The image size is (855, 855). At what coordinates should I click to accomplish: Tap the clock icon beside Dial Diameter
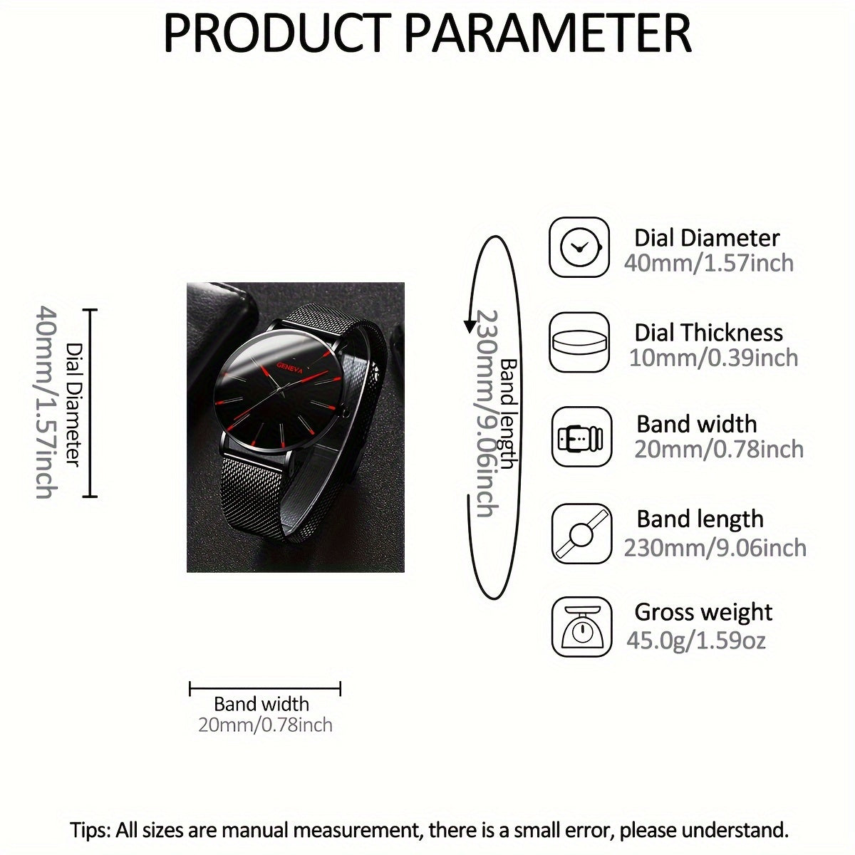click(580, 247)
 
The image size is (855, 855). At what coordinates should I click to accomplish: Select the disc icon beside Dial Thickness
click(580, 341)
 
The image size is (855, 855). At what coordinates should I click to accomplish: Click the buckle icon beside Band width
click(581, 436)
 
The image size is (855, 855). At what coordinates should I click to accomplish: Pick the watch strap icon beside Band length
click(581, 533)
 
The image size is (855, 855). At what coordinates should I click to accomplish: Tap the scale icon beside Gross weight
click(581, 627)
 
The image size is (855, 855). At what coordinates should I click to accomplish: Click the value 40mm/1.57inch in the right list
click(709, 263)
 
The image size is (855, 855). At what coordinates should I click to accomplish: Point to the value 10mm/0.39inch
click(713, 357)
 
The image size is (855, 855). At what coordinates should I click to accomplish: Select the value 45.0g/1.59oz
click(696, 640)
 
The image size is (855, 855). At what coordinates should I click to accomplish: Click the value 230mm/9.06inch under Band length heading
click(715, 547)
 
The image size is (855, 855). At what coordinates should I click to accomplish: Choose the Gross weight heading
click(703, 612)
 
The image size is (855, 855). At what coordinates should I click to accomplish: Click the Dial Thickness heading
click(708, 333)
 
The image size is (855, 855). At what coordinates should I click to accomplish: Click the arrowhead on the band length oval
click(470, 326)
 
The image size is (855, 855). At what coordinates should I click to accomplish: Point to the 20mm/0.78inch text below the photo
click(265, 725)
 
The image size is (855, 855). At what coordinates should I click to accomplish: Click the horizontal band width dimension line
click(265, 689)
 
